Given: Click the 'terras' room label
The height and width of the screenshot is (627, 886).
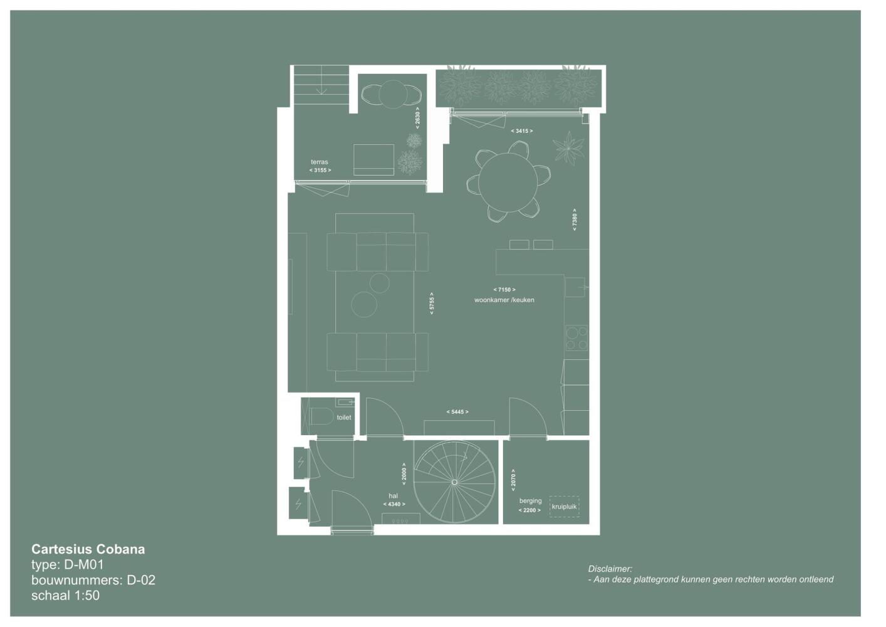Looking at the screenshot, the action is [x=319, y=162].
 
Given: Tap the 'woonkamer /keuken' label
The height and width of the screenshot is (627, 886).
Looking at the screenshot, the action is [x=504, y=300].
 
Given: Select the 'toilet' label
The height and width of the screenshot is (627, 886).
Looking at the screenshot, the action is [x=344, y=417].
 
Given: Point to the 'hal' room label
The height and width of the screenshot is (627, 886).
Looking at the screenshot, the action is [x=393, y=495].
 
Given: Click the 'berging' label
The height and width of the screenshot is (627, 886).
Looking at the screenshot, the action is [x=531, y=501].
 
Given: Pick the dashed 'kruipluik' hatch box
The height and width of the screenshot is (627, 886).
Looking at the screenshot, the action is [x=565, y=506].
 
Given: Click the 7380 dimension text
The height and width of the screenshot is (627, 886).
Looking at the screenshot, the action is [x=575, y=219].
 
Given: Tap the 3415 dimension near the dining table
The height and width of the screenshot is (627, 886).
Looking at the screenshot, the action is [x=522, y=131].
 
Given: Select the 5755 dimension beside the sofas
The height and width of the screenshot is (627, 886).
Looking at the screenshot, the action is [x=432, y=303].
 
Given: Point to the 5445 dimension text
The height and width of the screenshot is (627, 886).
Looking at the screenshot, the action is [x=457, y=412].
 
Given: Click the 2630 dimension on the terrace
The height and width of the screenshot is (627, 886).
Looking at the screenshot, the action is [x=417, y=118].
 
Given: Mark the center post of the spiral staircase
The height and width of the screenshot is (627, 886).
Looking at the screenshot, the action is [x=454, y=482].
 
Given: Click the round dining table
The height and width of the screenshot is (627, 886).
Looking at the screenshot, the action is [x=508, y=182].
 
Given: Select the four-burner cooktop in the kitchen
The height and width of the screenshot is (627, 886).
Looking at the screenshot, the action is [x=576, y=338].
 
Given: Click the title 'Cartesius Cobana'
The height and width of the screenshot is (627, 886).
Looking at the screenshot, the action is [x=88, y=549].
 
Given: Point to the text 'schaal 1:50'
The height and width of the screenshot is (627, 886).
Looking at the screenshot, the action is [x=65, y=595].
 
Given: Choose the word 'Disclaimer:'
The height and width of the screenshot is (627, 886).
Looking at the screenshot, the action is [x=610, y=569].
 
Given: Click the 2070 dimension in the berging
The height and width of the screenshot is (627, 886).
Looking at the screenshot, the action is [x=513, y=480].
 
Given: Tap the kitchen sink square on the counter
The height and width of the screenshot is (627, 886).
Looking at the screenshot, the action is [x=575, y=287].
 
